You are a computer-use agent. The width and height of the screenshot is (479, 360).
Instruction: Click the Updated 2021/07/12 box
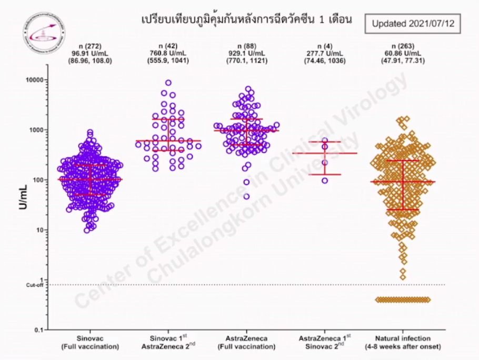[413, 24]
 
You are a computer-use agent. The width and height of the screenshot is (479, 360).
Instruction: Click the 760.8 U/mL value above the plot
[168, 53]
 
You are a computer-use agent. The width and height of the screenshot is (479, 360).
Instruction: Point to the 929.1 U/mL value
[247, 53]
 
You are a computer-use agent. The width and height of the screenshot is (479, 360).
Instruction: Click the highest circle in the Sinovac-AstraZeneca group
[168, 83]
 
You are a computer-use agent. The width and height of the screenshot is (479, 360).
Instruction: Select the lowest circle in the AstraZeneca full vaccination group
[246, 196]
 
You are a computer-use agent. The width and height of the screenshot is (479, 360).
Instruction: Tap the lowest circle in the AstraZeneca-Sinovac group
[325, 181]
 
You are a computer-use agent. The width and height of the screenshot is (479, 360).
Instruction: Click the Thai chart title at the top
[247, 20]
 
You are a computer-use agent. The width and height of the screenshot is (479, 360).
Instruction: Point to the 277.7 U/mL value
[325, 53]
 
